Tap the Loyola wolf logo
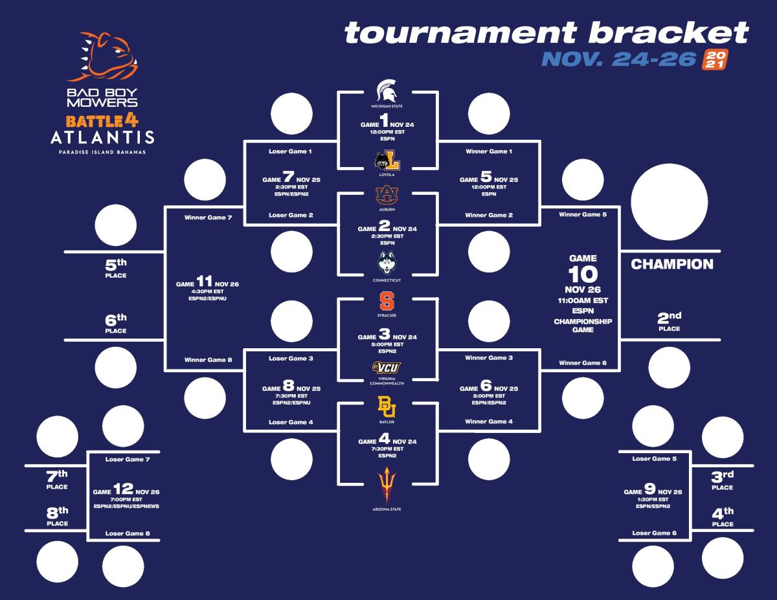coord(387,160)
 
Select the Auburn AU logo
coord(387,195)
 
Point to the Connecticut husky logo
coord(387,264)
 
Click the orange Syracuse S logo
coord(387,301)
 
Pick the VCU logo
coord(387,368)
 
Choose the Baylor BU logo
coord(387,406)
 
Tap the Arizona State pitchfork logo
coord(387,485)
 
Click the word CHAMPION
coord(672,264)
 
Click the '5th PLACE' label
coord(116,268)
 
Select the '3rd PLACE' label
coord(722,480)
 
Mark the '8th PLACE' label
coord(58,516)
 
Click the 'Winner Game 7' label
coord(208,217)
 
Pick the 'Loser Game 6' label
coord(655,533)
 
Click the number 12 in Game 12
coord(124,489)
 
